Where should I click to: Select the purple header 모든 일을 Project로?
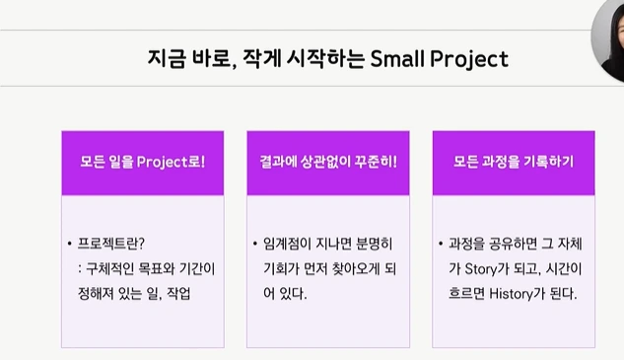[143, 162]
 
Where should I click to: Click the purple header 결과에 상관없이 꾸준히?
[328, 162]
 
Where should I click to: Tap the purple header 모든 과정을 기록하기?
[514, 162]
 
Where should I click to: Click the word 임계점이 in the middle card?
[287, 243]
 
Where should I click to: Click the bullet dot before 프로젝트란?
[69, 243]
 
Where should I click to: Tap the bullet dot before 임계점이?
[254, 243]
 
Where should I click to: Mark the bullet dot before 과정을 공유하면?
[440, 243]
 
